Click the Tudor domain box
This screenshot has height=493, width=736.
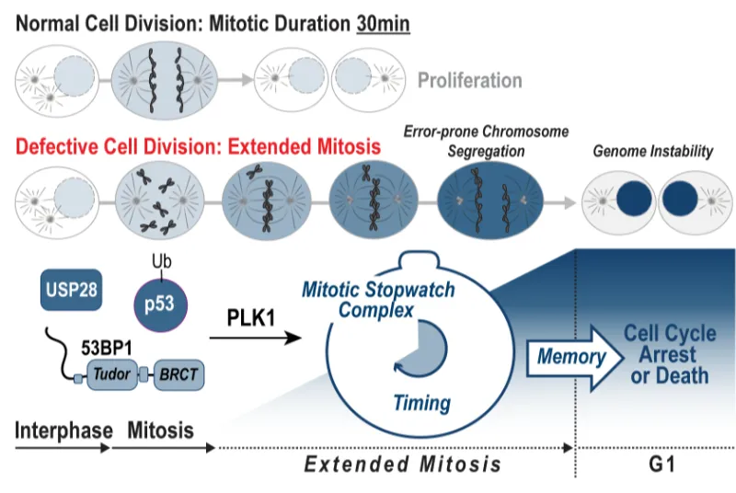click(x=110, y=376)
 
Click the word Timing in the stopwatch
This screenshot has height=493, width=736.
click(x=422, y=402)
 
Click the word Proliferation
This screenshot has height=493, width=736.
click(x=470, y=81)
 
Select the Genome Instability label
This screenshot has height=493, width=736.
click(x=653, y=152)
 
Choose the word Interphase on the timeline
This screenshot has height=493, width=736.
click(x=63, y=430)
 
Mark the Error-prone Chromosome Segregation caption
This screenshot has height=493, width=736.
click(x=487, y=141)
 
